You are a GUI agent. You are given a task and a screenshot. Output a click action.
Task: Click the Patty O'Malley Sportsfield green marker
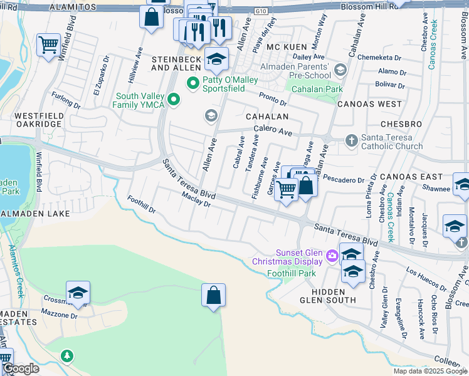(192, 82)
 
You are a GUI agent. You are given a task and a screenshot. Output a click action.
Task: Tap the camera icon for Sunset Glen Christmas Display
(332, 254)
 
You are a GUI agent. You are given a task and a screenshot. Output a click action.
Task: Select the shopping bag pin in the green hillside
(213, 296)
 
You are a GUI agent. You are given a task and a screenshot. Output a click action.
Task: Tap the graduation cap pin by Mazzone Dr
(78, 293)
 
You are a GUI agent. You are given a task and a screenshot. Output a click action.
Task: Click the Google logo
(20, 368)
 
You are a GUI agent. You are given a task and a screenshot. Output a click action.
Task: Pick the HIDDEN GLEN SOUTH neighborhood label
(329, 296)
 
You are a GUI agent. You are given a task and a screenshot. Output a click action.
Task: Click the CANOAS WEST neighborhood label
(369, 103)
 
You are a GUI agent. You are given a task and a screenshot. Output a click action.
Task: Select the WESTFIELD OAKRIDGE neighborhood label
(38, 120)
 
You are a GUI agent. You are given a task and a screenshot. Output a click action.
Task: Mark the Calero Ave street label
(273, 132)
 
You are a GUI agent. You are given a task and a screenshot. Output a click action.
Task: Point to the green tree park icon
(66, 356)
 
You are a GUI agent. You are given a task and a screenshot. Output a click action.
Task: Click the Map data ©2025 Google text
(429, 371)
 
